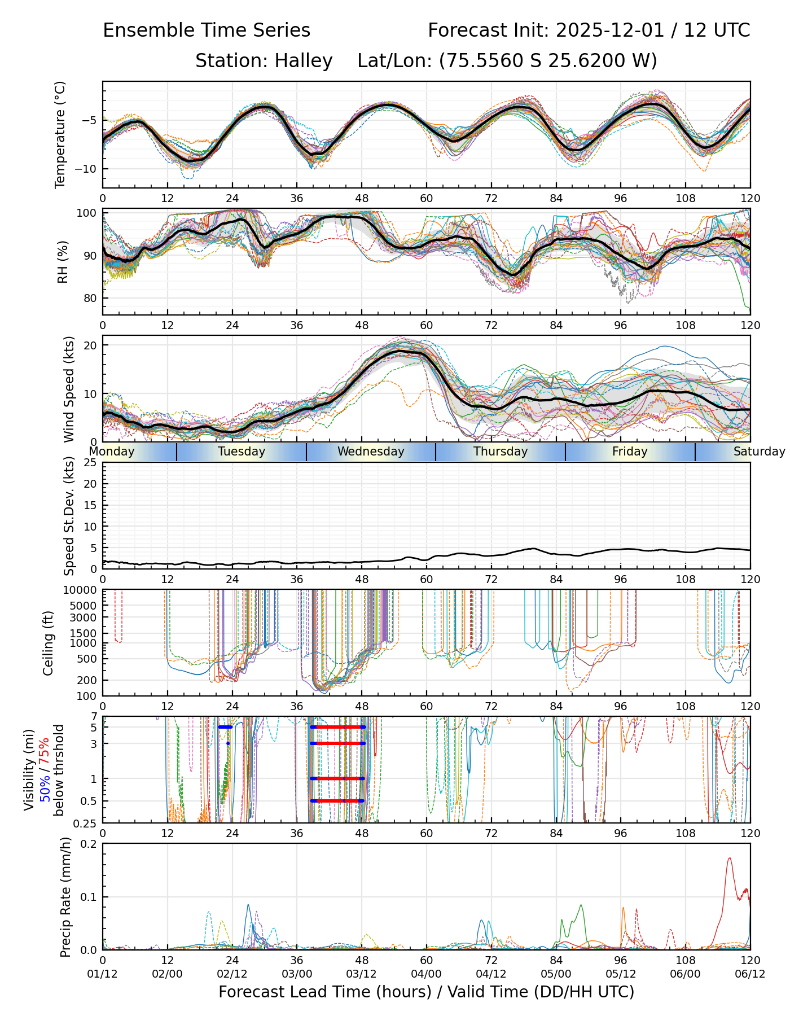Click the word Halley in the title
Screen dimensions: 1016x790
[304, 60]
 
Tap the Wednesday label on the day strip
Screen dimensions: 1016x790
[371, 452]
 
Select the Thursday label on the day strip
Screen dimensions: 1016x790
[501, 452]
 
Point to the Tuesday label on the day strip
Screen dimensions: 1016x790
[242, 452]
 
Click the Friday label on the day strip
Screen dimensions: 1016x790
[630, 452]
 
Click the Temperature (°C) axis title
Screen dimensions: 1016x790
[60, 134]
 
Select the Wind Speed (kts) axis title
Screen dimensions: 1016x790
[69, 389]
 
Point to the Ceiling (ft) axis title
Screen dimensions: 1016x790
[49, 643]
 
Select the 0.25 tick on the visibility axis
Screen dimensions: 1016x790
[86, 822]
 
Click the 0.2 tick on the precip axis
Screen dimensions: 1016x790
[89, 844]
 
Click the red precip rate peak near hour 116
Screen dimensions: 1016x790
[729, 859]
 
